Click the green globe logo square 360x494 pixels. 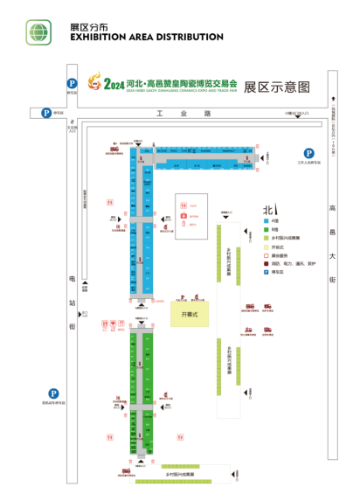[x=38, y=32]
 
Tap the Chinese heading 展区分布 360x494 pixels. [x=90, y=27]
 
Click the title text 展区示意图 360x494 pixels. [x=277, y=87]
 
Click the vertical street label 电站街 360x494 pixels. [x=72, y=302]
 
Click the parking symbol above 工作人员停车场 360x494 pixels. [x=308, y=152]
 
